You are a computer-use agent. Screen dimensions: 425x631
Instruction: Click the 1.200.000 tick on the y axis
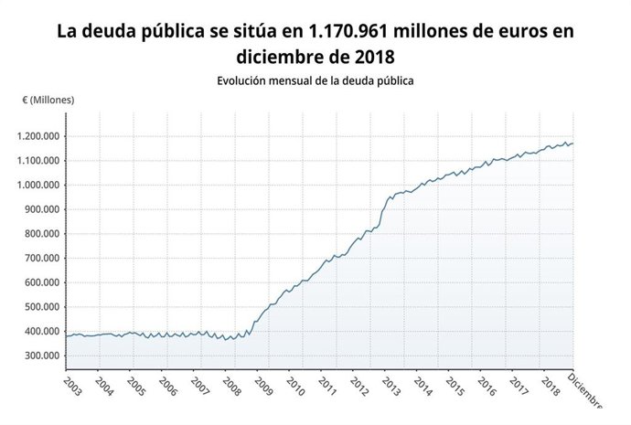click(37, 137)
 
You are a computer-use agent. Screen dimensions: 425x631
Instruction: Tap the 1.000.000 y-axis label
click(37, 186)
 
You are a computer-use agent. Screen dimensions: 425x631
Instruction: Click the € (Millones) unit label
click(48, 100)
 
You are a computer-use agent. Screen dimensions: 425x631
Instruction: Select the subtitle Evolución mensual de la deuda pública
click(315, 80)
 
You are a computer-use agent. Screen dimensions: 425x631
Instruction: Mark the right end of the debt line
click(573, 143)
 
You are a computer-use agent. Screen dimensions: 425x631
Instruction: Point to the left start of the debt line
click(65, 337)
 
